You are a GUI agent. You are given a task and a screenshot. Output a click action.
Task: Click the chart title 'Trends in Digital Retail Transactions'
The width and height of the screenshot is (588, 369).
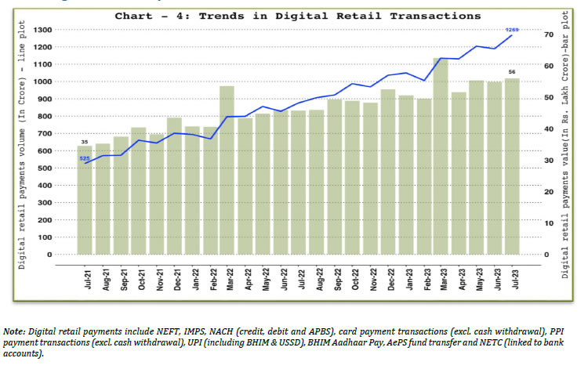[298, 15]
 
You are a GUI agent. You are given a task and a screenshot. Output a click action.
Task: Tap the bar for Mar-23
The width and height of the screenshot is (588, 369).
[441, 156]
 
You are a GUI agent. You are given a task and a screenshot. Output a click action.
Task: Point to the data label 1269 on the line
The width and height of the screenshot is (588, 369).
[511, 29]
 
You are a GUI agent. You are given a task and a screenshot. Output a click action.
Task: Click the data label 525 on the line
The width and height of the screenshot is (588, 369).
[84, 158]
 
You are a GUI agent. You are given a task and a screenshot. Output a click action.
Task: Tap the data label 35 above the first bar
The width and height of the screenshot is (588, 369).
[84, 142]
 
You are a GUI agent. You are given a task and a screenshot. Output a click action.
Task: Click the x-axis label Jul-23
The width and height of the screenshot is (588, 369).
[513, 279]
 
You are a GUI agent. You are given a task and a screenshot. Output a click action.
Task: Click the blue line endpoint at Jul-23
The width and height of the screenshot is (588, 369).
[512, 35]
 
